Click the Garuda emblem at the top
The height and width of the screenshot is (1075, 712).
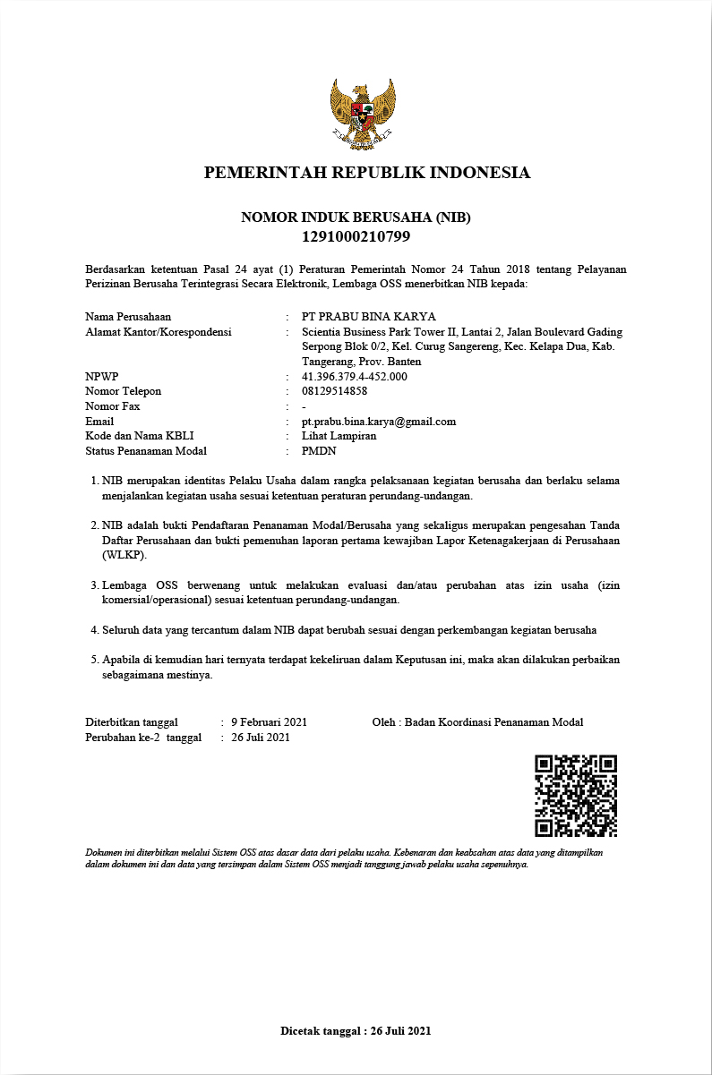[x=362, y=114]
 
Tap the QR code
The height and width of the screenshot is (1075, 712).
[x=576, y=796]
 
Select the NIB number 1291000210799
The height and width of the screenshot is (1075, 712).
[x=356, y=237]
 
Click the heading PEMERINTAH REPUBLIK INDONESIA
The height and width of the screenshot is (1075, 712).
[x=367, y=173]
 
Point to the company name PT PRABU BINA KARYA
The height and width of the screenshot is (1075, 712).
[x=369, y=317]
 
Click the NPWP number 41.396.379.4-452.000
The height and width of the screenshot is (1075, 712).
[x=355, y=377]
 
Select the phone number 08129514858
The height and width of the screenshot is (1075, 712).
[x=335, y=391]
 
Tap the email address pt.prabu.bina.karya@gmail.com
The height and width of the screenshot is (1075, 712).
[x=379, y=422]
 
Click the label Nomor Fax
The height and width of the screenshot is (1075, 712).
[x=113, y=406]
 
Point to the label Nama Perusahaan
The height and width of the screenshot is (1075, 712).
[x=128, y=317]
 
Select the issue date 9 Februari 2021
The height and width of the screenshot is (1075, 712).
[x=270, y=722]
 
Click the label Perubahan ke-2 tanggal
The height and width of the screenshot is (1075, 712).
[x=143, y=738]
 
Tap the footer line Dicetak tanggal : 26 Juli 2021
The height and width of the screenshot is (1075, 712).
[x=356, y=1031]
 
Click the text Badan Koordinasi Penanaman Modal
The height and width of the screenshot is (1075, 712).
[x=493, y=722]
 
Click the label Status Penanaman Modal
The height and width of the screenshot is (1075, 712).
[x=146, y=451]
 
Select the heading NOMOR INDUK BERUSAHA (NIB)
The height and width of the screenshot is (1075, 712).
[x=356, y=218]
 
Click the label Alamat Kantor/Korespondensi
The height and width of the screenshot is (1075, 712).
[x=159, y=332]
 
